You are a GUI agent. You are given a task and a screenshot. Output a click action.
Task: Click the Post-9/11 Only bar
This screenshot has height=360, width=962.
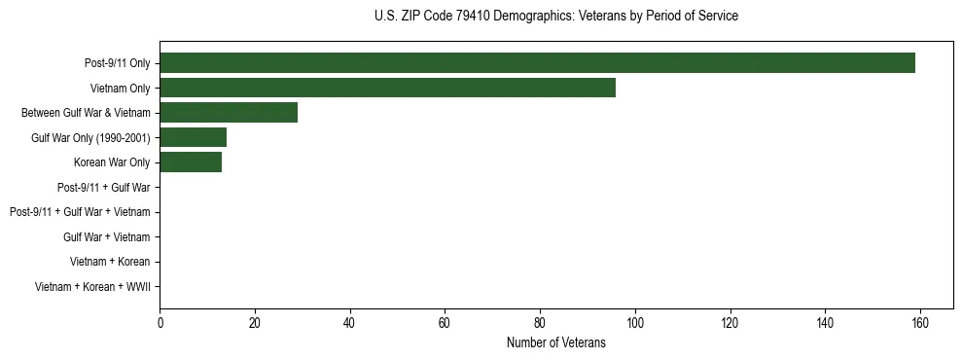click(537, 63)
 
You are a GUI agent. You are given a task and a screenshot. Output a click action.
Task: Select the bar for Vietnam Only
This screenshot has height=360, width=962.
click(387, 88)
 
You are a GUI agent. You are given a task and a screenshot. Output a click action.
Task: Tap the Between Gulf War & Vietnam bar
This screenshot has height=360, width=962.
click(229, 113)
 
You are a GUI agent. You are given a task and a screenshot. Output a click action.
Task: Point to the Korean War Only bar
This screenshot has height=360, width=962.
click(191, 162)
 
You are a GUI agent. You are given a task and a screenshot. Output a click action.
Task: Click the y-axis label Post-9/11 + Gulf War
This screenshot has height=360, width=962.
click(103, 188)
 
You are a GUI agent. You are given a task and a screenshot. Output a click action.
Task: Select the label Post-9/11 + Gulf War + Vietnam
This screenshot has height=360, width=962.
click(80, 212)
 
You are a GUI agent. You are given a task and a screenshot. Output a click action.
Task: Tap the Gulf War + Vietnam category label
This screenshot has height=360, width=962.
click(106, 237)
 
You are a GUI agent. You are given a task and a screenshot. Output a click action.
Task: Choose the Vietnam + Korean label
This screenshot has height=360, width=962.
click(110, 262)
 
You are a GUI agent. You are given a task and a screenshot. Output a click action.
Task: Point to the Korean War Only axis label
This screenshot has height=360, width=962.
click(112, 162)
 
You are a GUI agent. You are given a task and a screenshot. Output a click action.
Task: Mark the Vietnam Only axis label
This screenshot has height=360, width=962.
click(120, 88)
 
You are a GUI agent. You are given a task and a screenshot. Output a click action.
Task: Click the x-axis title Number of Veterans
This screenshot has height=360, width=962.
click(556, 342)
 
